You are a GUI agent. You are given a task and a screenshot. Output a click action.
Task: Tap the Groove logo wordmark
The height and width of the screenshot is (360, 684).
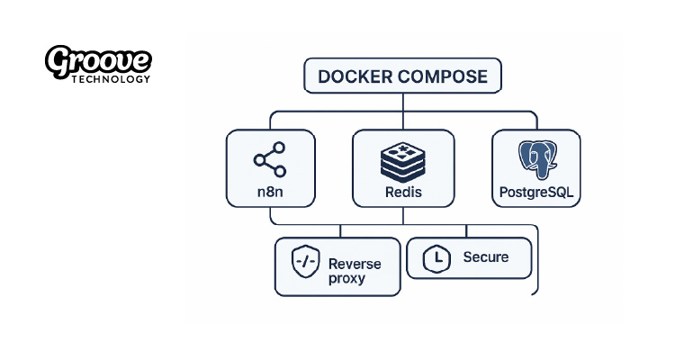98,61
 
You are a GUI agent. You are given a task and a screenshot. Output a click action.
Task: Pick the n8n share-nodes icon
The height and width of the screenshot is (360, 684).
269,160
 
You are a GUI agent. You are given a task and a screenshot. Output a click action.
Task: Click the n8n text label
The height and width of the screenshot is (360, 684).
269,193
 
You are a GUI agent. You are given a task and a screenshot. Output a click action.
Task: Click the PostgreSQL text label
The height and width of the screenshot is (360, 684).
536,193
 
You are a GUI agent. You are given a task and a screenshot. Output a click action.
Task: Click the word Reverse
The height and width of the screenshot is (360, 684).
355,264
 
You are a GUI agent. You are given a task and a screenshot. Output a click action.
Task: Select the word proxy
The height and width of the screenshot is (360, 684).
347,278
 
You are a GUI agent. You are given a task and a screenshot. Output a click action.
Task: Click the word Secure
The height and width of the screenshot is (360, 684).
486,257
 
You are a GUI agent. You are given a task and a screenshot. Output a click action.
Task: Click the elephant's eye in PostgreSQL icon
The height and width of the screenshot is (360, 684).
544,153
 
